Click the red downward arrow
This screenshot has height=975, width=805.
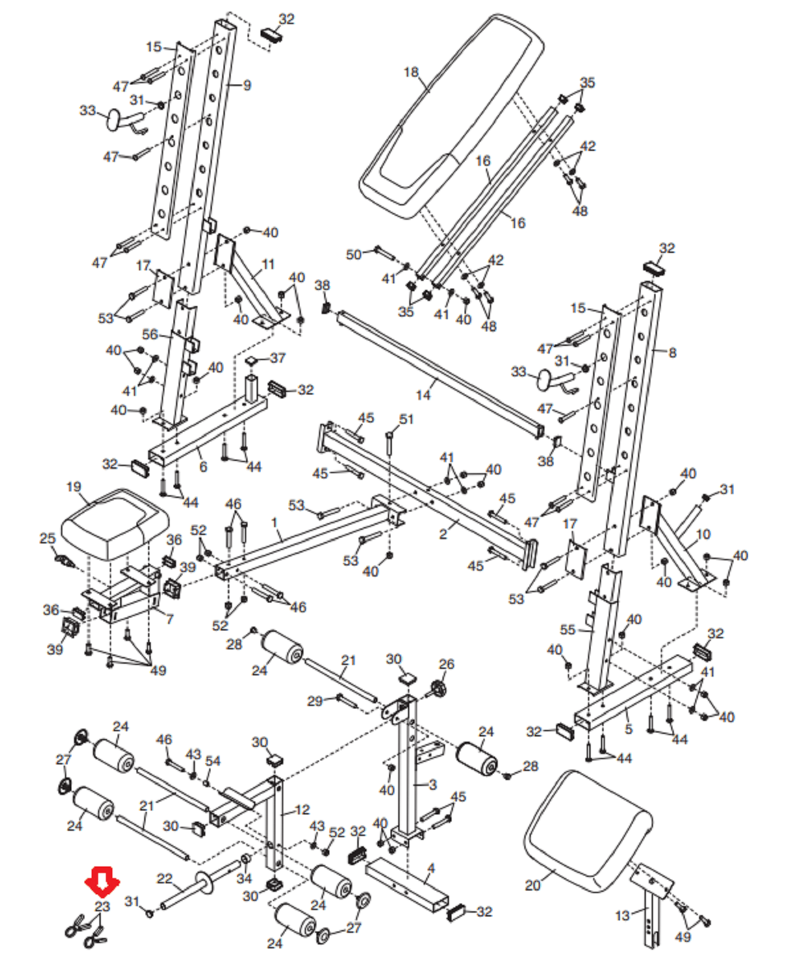[102, 881]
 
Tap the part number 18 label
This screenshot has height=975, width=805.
[411, 72]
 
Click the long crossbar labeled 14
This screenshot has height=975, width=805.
[442, 374]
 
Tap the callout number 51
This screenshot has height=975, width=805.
[406, 419]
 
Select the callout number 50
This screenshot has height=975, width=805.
[353, 255]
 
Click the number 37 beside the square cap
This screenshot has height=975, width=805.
[277, 358]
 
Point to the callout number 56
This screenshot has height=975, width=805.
[150, 334]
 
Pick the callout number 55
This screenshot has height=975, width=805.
[568, 629]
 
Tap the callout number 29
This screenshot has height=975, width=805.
[315, 701]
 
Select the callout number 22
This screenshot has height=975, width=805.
[165, 879]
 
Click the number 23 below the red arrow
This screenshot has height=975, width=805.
[103, 906]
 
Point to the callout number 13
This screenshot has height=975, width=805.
[622, 915]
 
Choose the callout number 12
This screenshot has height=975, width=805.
[303, 810]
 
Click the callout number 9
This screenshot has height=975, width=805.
[247, 85]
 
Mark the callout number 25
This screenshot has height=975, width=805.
[47, 538]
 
